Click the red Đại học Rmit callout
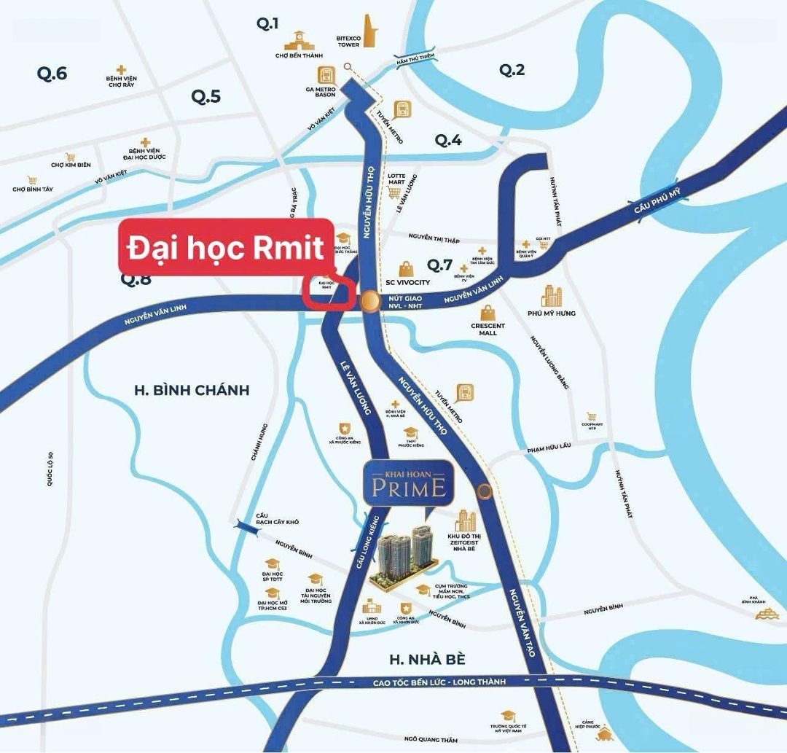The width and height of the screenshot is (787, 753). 225,249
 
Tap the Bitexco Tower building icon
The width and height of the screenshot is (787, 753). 369,31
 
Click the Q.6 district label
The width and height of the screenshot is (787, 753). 52,73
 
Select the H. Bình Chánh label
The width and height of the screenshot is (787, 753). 192,390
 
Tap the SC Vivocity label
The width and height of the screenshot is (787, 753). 408,282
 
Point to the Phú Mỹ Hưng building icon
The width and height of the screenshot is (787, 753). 552,296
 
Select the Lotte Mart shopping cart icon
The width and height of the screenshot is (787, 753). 395,192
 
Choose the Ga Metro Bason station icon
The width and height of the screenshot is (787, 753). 326,74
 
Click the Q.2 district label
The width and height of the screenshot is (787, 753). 512,70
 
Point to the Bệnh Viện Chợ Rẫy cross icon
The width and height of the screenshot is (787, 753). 122,66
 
